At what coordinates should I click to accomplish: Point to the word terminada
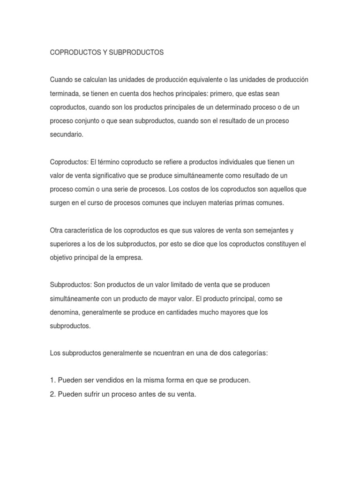click(x=65, y=93)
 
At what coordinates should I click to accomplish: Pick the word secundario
click(x=67, y=134)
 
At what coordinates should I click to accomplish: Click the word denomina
click(x=66, y=312)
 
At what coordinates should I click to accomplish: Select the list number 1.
click(x=53, y=381)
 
